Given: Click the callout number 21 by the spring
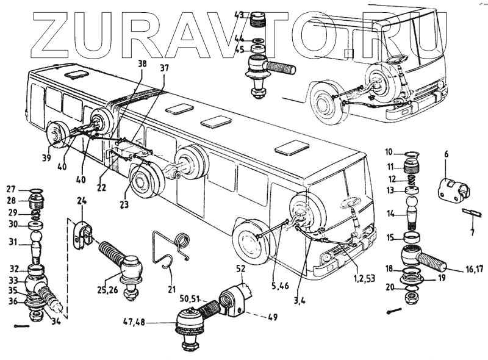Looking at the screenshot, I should [x=171, y=289].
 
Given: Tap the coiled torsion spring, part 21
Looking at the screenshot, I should [x=181, y=241].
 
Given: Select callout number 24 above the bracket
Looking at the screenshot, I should [x=82, y=201].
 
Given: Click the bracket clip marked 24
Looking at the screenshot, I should [x=84, y=235].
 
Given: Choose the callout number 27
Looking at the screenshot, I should [x=11, y=189].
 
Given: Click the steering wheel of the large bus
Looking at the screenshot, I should [x=351, y=201].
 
